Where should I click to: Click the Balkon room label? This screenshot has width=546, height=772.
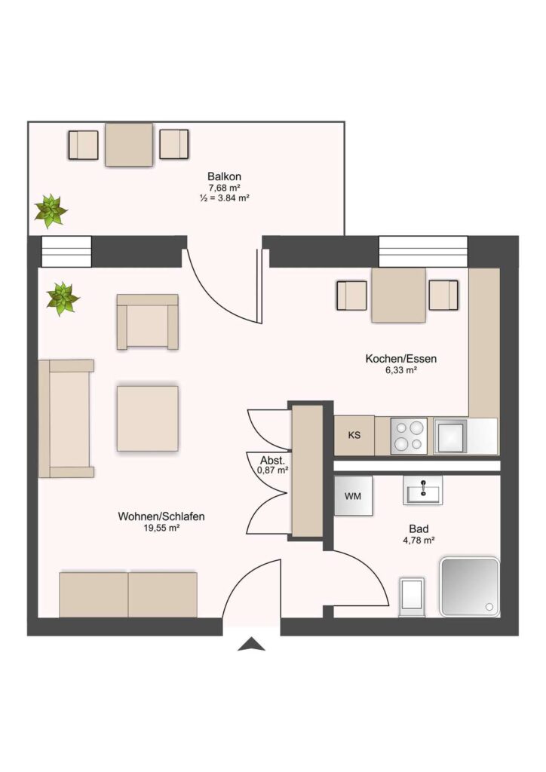coord(224,176)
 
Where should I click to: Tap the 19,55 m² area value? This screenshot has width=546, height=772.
coord(161,528)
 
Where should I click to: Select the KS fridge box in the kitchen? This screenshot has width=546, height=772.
coord(354,435)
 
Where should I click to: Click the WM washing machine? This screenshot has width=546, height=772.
coord(353,496)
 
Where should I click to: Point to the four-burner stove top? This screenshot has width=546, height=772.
coord(409,436)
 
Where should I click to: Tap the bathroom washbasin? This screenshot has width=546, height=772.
coord(422,490)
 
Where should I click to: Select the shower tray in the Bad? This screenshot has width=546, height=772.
coord(470,587)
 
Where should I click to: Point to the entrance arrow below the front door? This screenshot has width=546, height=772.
coord(251,644)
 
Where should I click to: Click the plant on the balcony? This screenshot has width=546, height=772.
coord(50,211)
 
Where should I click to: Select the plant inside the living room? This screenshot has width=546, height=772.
coord(63,299)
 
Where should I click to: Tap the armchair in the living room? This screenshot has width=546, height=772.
coord(147,322)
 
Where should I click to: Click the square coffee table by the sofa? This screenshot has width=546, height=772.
coord(147,418)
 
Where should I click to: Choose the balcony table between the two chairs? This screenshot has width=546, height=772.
coord(129,144)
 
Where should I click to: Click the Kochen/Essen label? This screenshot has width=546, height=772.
coord(400,359)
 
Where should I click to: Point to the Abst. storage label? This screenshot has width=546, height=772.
coord(273,461)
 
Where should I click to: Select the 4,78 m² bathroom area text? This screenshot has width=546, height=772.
coord(419,540)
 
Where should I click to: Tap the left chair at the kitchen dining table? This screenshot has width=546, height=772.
coord(351,296)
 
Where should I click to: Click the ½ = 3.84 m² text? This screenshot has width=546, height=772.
coord(224,198)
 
